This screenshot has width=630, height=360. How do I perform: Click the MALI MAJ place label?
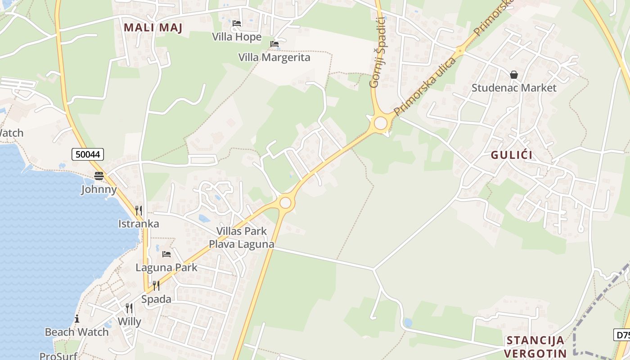click(x=153, y=28)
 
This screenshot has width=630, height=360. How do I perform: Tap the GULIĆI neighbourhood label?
click(x=511, y=155)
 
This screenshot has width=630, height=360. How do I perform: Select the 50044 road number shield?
click(x=88, y=154)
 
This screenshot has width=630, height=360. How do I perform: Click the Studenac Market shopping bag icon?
click(x=513, y=75)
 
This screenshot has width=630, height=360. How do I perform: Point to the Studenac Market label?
click(x=514, y=88)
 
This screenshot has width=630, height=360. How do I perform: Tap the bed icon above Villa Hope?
click(x=237, y=23)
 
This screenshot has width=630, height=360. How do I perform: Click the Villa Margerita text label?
click(x=274, y=58)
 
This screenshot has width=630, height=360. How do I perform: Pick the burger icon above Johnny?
click(x=99, y=176)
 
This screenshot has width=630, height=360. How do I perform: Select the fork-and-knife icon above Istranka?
click(x=139, y=210)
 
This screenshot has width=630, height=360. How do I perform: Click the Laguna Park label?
click(x=166, y=268)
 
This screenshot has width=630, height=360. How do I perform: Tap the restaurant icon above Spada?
click(x=156, y=286)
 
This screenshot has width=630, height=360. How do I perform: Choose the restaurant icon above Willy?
click(x=129, y=308)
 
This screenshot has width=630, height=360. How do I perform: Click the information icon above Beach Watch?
click(x=77, y=319)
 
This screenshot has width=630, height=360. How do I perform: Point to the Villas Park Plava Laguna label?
click(x=241, y=238)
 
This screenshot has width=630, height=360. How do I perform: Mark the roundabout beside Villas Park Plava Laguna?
click(x=285, y=203)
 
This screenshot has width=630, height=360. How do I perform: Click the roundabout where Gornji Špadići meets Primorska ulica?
click(x=381, y=123)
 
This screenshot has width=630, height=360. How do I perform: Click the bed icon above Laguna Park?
click(x=166, y=254)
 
